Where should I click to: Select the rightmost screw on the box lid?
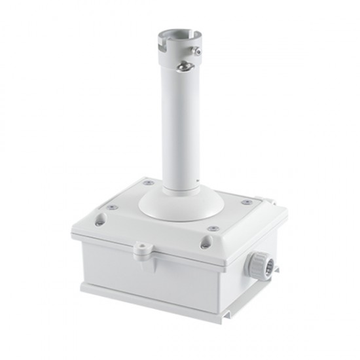[x=246, y=202]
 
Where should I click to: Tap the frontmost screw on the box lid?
[x=213, y=228]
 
